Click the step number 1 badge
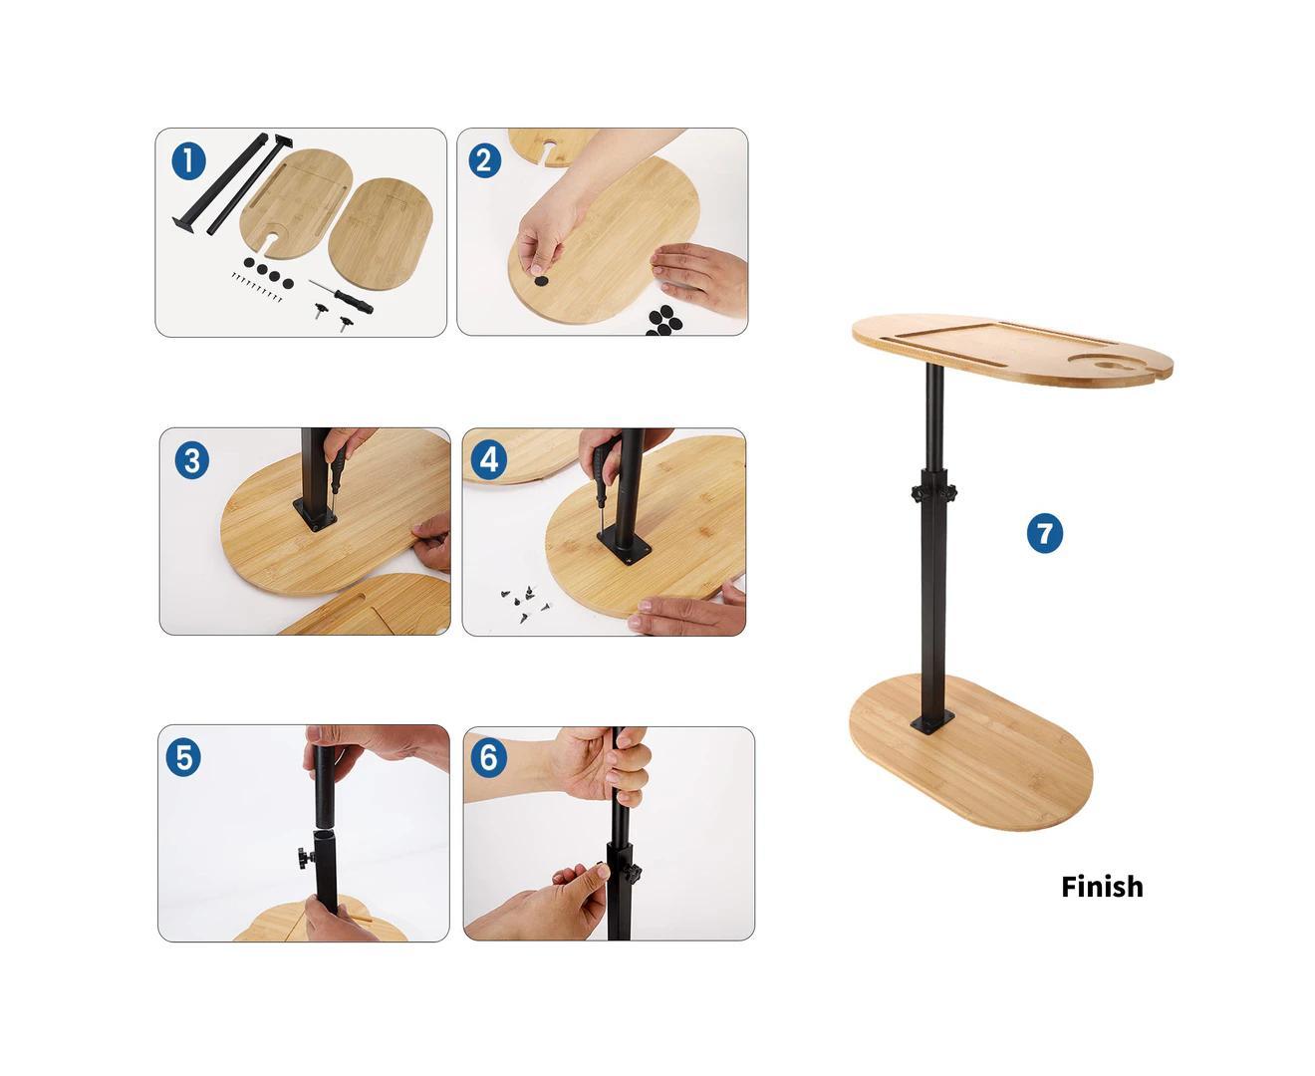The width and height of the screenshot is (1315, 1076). (188, 161)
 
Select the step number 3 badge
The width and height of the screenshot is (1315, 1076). (192, 461)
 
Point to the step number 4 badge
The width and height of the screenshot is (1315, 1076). (488, 460)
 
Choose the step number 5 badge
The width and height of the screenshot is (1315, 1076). (183, 757)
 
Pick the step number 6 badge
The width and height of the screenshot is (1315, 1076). (487, 758)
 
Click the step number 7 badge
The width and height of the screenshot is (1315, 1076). (1044, 534)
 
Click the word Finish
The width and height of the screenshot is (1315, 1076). (1102, 887)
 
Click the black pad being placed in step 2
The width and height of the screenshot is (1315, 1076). (541, 282)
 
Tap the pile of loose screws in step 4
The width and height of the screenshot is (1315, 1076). (524, 601)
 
